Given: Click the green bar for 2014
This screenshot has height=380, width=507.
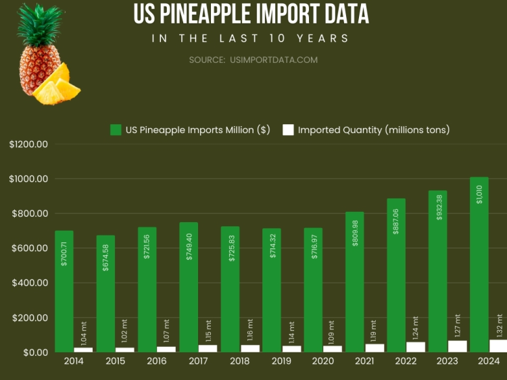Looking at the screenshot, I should tap(64, 290).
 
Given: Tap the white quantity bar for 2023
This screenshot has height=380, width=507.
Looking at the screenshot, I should tap(458, 346).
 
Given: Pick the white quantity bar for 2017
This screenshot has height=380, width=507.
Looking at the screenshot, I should tap(208, 348).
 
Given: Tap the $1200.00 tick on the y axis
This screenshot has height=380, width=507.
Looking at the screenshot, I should tap(29, 144).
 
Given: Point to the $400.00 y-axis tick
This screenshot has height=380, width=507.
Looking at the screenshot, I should tap(29, 283).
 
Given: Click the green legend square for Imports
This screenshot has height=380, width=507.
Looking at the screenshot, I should tap(116, 130).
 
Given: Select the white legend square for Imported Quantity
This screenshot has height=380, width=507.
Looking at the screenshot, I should tap(288, 130).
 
